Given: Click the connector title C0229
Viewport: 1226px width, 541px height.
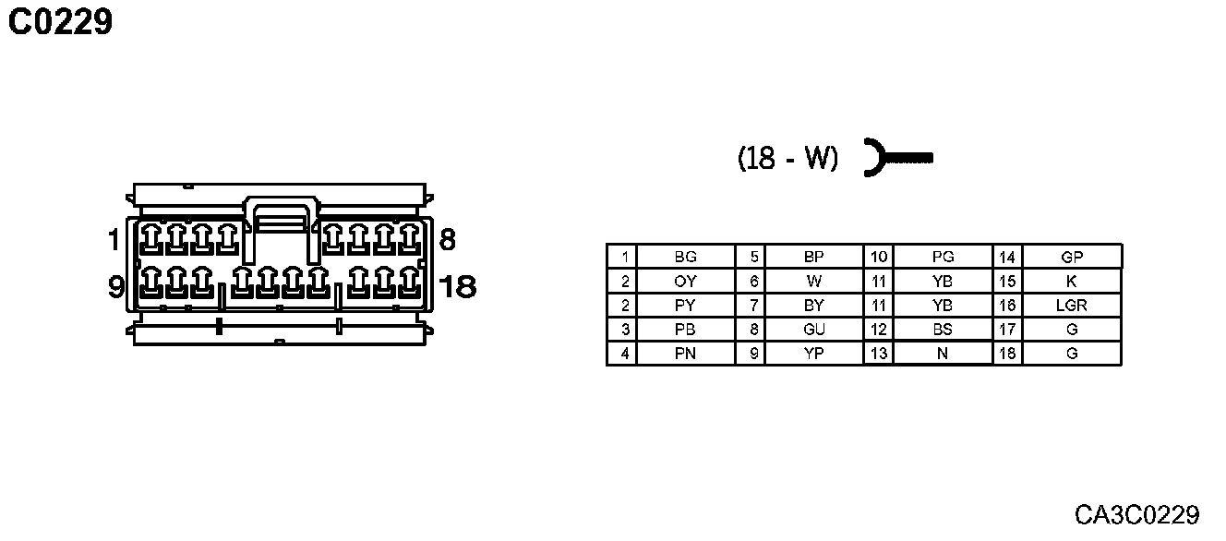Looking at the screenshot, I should click(x=61, y=22).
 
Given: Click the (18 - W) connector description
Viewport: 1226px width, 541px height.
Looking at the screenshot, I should click(x=787, y=159).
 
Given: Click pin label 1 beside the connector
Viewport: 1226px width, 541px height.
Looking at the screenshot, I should click(x=114, y=241).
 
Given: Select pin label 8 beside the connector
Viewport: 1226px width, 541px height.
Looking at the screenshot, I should click(x=447, y=241).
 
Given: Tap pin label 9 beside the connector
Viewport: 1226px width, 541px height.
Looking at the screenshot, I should click(x=116, y=287).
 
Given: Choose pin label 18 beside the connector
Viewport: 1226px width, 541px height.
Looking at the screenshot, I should click(x=458, y=287).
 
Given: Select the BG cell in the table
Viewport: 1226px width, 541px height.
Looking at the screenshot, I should click(x=685, y=257).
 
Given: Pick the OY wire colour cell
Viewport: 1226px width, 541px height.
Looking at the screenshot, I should click(x=685, y=281).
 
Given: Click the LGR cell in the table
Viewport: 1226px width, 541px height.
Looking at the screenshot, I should click(x=1071, y=305).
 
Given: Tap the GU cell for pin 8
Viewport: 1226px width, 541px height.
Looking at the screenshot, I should click(x=813, y=329).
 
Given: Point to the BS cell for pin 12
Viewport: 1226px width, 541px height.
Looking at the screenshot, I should click(x=942, y=329).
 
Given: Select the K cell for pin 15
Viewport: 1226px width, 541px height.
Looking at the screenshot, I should click(x=1071, y=281).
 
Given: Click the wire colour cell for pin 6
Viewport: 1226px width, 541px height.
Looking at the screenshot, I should click(x=813, y=281).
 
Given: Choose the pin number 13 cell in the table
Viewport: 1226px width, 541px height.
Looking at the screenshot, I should click(x=878, y=353).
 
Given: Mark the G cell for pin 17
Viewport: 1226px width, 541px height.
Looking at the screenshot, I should click(x=1071, y=329).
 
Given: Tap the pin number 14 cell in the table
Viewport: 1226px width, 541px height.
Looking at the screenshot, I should click(x=1007, y=257).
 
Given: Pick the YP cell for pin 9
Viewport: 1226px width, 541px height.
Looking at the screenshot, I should click(x=813, y=353).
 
